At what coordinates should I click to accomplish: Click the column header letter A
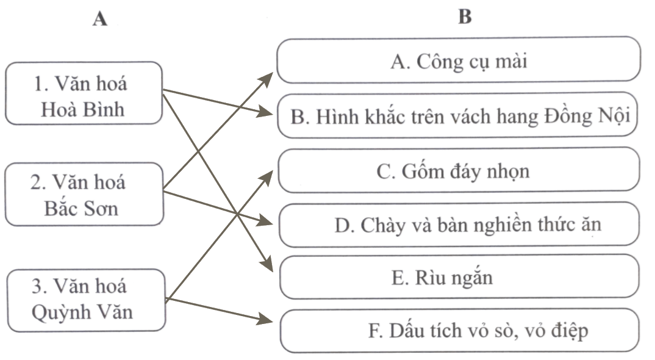(99, 20)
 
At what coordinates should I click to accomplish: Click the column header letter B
(465, 17)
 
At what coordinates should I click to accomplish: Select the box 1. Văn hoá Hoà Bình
(84, 93)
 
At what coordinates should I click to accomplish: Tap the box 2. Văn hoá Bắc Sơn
(84, 195)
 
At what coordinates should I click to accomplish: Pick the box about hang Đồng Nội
(459, 116)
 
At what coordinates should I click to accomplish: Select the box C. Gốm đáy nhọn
(459, 171)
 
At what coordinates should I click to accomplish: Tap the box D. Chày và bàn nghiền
(459, 225)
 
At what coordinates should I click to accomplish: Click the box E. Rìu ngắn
(459, 278)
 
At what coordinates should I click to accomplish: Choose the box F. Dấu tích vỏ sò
(459, 331)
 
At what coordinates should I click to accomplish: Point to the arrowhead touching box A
(269, 75)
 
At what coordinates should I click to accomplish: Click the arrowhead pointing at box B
(268, 113)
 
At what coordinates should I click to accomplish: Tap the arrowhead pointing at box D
(268, 222)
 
